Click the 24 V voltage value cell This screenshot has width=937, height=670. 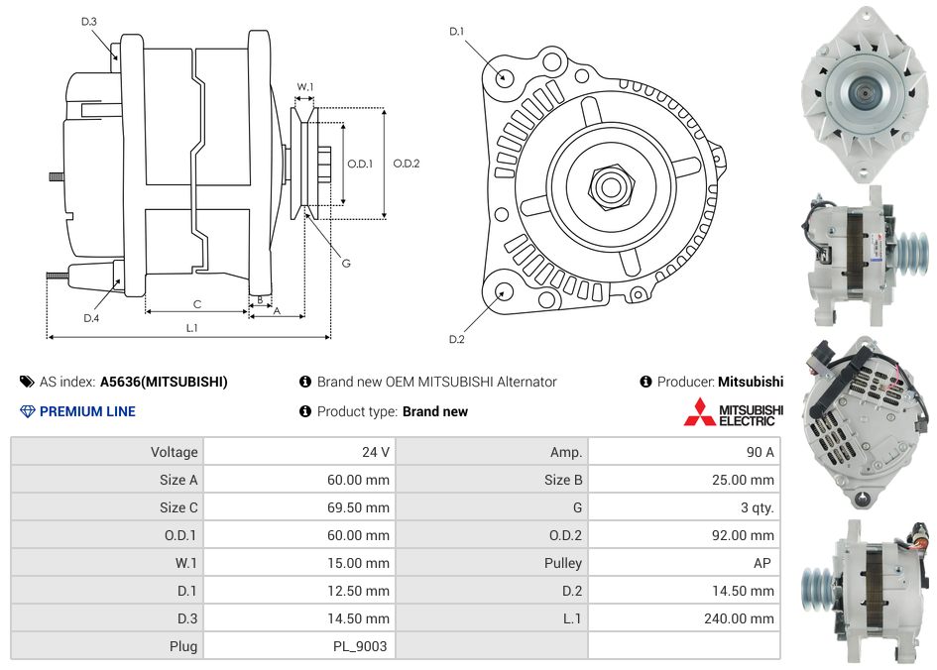click(375, 452)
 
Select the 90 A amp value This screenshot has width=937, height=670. click(760, 452)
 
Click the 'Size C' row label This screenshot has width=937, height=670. click(178, 507)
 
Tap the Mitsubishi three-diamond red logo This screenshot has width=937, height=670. click(699, 411)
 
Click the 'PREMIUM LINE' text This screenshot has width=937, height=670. click(87, 411)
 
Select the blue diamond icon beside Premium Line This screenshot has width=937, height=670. click(27, 411)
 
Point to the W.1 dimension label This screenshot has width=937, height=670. click(305, 87)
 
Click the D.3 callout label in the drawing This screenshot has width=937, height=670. click(88, 21)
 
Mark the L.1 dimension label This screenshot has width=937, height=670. click(191, 327)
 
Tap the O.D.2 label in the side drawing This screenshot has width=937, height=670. click(407, 164)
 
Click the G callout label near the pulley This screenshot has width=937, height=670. click(346, 263)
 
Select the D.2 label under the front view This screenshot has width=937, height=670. click(456, 339)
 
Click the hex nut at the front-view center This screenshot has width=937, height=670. click(610, 185)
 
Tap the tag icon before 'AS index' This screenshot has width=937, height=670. click(26, 382)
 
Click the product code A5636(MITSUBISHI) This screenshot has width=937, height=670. click(164, 382)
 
